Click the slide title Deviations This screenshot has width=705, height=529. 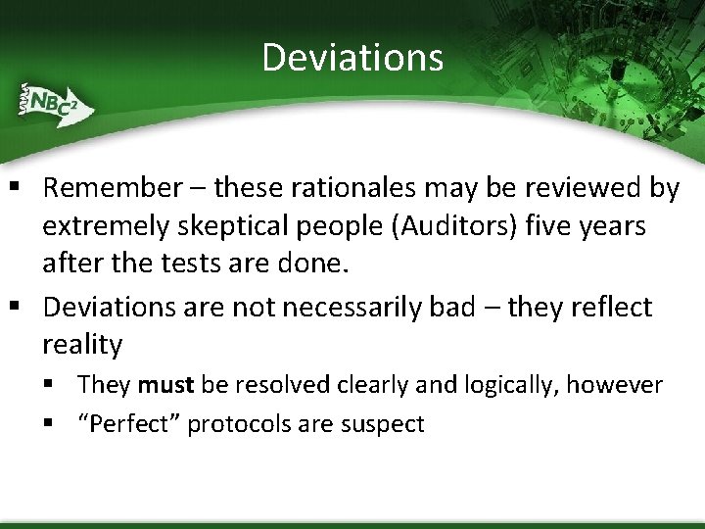352,57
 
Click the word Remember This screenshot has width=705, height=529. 113,187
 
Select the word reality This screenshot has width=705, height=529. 82,345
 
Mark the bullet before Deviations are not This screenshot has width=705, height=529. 19,308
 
